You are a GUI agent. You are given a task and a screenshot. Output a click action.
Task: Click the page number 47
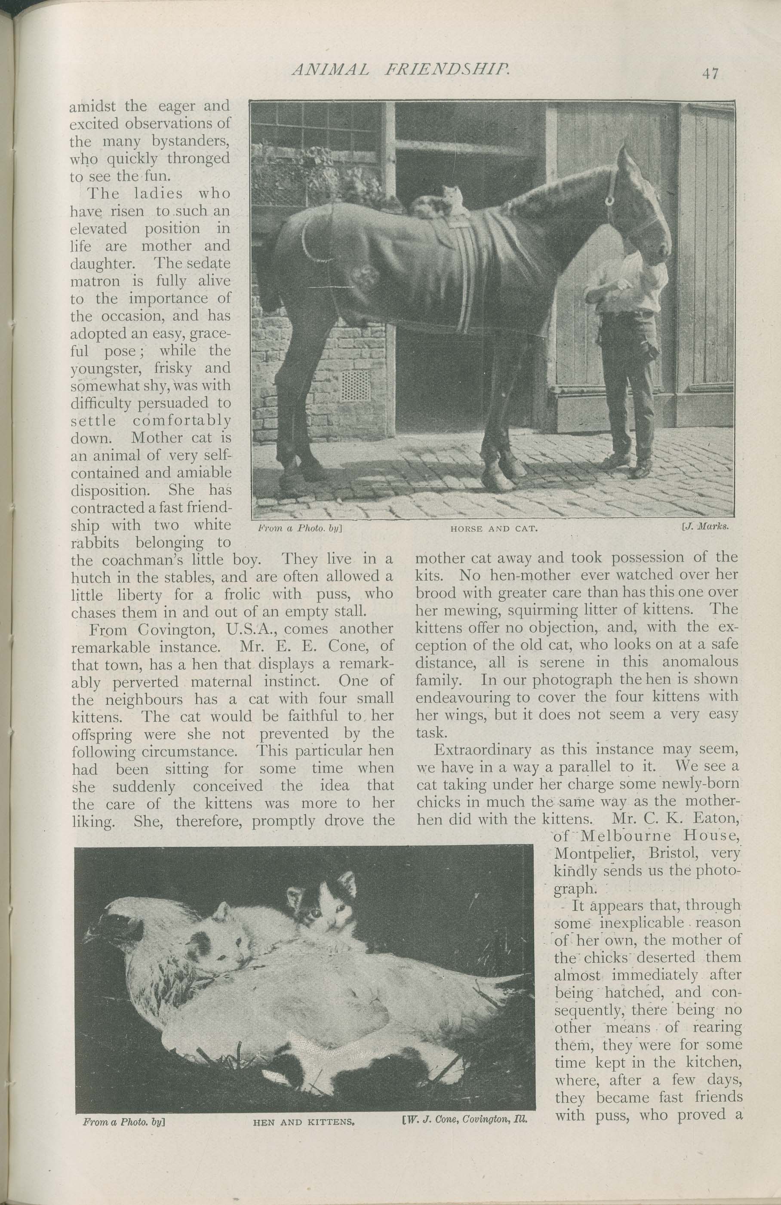tap(710, 74)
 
